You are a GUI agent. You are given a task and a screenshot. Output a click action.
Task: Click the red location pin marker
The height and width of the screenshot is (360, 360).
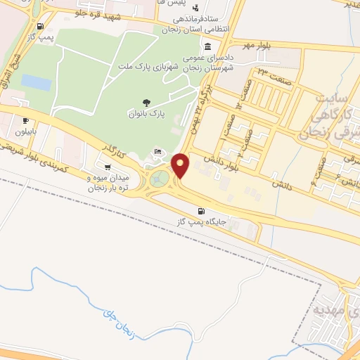[181, 165]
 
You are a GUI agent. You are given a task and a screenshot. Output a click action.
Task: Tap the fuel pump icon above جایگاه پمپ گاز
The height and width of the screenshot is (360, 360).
[202, 211]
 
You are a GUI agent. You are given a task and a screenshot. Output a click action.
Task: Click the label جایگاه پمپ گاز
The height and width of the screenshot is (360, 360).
[202, 222]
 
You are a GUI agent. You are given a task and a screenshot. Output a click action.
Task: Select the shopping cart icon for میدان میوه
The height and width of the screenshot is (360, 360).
[107, 167]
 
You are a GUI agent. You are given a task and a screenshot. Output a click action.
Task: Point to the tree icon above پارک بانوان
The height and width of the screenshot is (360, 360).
[146, 103]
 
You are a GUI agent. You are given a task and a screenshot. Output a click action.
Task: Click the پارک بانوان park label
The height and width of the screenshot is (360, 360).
[146, 114]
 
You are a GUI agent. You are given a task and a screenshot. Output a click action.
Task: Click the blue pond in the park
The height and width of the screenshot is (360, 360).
[36, 82]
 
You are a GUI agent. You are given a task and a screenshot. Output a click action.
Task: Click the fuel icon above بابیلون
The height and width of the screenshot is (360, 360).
[26, 120]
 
